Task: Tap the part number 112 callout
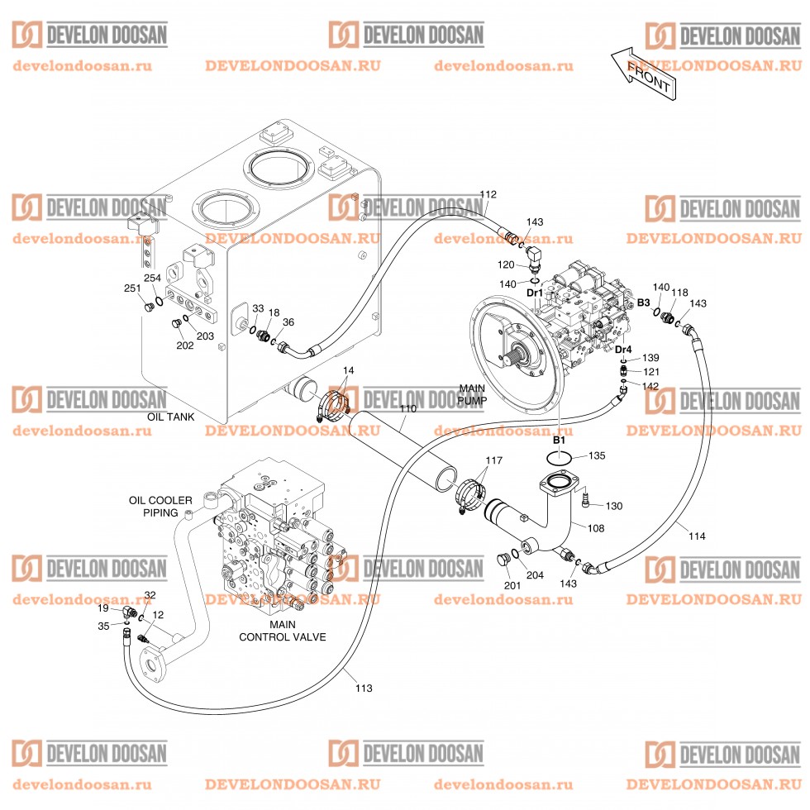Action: pyautogui.click(x=488, y=194)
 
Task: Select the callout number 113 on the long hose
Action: pyautogui.click(x=364, y=688)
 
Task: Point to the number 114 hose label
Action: pyautogui.click(x=697, y=536)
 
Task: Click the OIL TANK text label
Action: pyautogui.click(x=170, y=417)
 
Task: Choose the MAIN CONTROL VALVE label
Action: pyautogui.click(x=282, y=631)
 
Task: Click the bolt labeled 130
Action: pyautogui.click(x=586, y=498)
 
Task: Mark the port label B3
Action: pyautogui.click(x=643, y=303)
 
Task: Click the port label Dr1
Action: pyautogui.click(x=534, y=293)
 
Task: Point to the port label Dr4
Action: pyautogui.click(x=623, y=349)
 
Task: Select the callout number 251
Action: pyautogui.click(x=131, y=288)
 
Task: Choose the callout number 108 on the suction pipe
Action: pyautogui.click(x=595, y=528)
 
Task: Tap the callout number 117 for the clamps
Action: pyautogui.click(x=493, y=460)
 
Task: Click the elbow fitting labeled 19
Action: pyautogui.click(x=128, y=612)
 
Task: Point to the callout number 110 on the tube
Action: pyautogui.click(x=408, y=409)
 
